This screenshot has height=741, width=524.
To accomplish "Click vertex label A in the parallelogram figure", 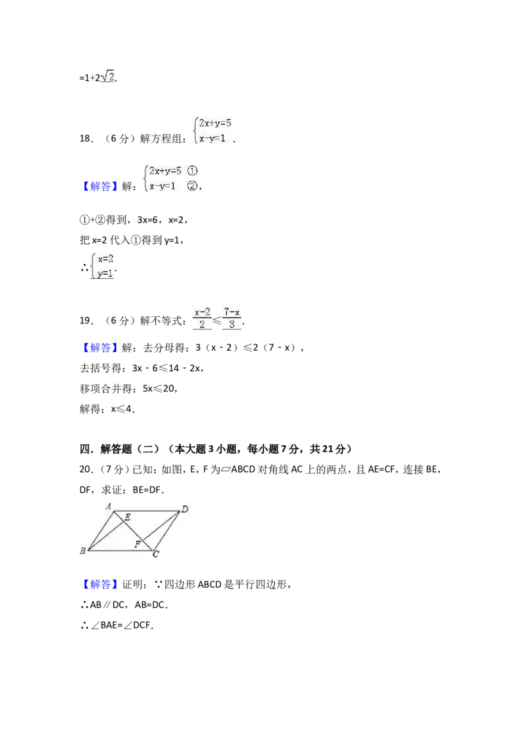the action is click(x=108, y=506).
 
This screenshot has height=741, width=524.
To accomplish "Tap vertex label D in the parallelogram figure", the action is click(x=185, y=509).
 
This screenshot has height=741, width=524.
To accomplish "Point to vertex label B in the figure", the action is click(x=83, y=551).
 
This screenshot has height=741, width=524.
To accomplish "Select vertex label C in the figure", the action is click(x=156, y=554).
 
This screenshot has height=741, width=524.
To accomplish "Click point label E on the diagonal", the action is click(x=128, y=518).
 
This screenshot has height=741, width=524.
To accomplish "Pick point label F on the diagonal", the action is click(x=138, y=544).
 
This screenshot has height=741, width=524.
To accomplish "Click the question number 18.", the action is click(x=86, y=139).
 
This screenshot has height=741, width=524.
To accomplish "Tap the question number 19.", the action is click(x=86, y=321).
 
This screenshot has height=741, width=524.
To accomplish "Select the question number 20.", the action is click(x=86, y=469).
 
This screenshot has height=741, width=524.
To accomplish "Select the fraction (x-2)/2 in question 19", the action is click(x=202, y=318).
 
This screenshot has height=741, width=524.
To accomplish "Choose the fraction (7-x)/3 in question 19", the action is click(x=232, y=318).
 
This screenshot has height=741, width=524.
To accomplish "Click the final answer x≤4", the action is click(x=121, y=409).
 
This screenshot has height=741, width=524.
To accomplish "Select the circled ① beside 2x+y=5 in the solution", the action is click(x=192, y=171).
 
